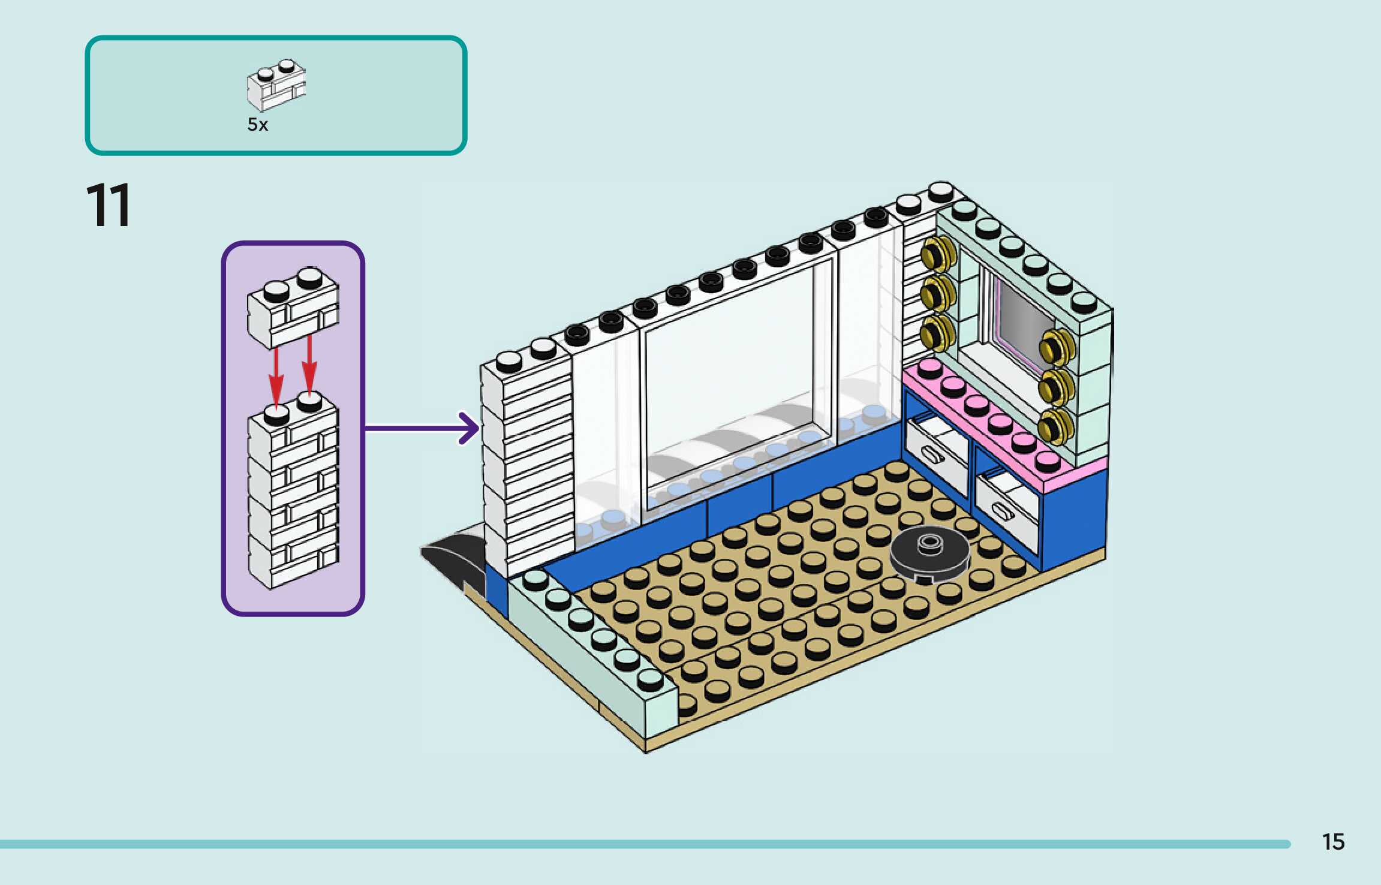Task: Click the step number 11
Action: pyautogui.click(x=108, y=205)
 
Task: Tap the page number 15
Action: pyautogui.click(x=1333, y=842)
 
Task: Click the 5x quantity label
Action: pyautogui.click(x=258, y=125)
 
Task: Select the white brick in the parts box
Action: pyautogui.click(x=276, y=85)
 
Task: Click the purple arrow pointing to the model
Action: pyautogui.click(x=422, y=428)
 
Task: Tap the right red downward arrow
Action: pyautogui.click(x=309, y=365)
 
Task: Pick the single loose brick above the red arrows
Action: pyautogui.click(x=293, y=308)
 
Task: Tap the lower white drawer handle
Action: pyautogui.click(x=1003, y=511)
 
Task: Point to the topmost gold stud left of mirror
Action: pyautogui.click(x=938, y=253)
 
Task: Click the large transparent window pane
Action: pyautogui.click(x=738, y=384)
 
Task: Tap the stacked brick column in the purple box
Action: pyautogui.click(x=293, y=490)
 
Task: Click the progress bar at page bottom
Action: pyautogui.click(x=645, y=844)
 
